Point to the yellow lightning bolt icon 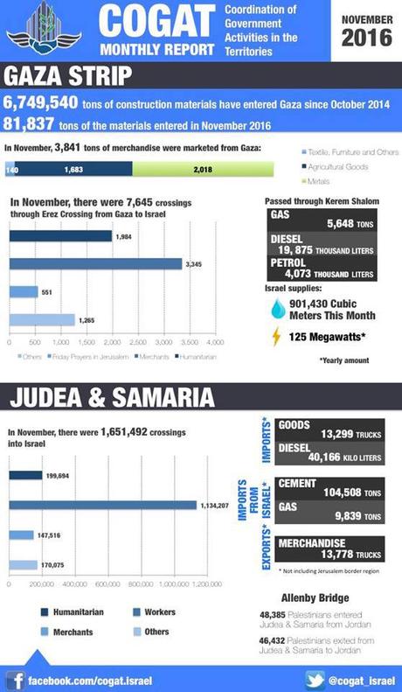[277, 336]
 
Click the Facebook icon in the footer [15, 678]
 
